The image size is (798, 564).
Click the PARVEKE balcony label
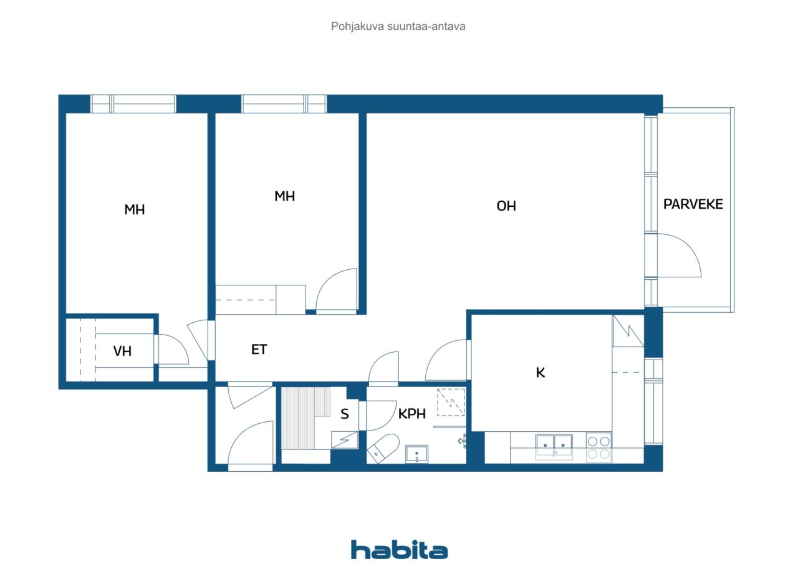tap(693, 204)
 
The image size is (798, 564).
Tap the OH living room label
tap(506, 206)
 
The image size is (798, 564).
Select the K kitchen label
tap(541, 373)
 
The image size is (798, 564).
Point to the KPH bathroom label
tap(412, 414)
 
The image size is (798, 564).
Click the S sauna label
tap(345, 414)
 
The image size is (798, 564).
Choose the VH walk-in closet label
tap(122, 351)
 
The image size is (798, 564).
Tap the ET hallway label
tap(259, 350)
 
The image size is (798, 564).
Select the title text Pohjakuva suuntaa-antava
tap(398, 26)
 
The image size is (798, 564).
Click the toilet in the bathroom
tap(383, 448)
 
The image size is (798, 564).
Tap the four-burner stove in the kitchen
tap(598, 447)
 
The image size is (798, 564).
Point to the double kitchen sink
tap(554, 446)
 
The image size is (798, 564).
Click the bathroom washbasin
tap(416, 454)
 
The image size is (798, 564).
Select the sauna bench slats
tap(305, 418)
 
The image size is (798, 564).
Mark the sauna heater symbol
tap(345, 440)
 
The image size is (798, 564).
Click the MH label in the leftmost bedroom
tap(134, 210)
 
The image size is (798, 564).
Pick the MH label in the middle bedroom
tap(285, 196)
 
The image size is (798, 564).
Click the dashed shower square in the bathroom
tap(451, 403)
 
